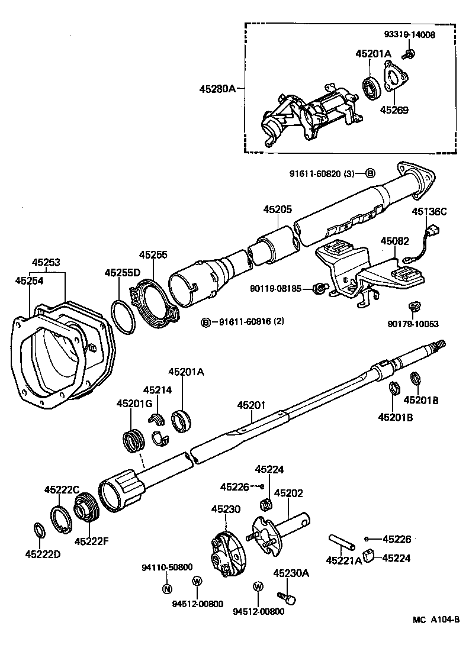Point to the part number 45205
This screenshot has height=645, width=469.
[278, 209]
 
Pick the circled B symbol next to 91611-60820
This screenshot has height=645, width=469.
[369, 173]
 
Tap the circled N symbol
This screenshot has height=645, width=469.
[167, 588]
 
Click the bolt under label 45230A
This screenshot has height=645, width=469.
[287, 598]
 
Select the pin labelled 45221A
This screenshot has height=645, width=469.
[340, 541]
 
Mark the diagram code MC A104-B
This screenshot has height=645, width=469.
[436, 620]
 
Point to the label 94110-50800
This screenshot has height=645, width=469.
[167, 567]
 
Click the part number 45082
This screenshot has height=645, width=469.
[395, 241]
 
